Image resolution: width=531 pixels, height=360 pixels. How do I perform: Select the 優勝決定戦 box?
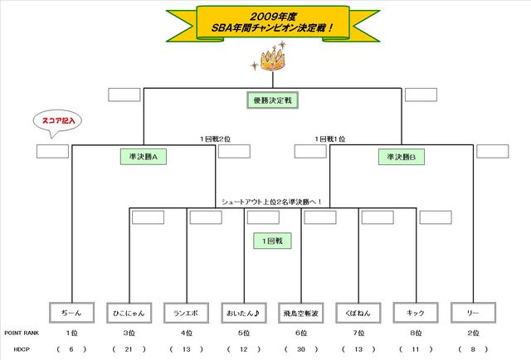[273, 100]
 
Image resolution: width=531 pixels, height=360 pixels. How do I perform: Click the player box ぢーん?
[71, 314]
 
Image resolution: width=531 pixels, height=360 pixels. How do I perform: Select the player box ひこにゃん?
[129, 314]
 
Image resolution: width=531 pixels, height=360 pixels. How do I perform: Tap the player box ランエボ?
[186, 314]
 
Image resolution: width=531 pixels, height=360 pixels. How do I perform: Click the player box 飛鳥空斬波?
[301, 314]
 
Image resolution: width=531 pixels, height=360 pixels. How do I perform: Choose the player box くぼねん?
[358, 314]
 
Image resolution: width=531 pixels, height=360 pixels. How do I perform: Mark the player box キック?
[416, 314]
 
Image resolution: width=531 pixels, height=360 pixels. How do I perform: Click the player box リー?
[473, 314]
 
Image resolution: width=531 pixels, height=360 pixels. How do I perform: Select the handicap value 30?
[301, 349]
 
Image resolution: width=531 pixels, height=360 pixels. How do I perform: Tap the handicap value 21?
[129, 349]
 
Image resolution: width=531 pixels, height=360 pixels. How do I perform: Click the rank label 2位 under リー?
[473, 332]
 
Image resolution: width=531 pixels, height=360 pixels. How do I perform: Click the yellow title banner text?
[269, 22]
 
